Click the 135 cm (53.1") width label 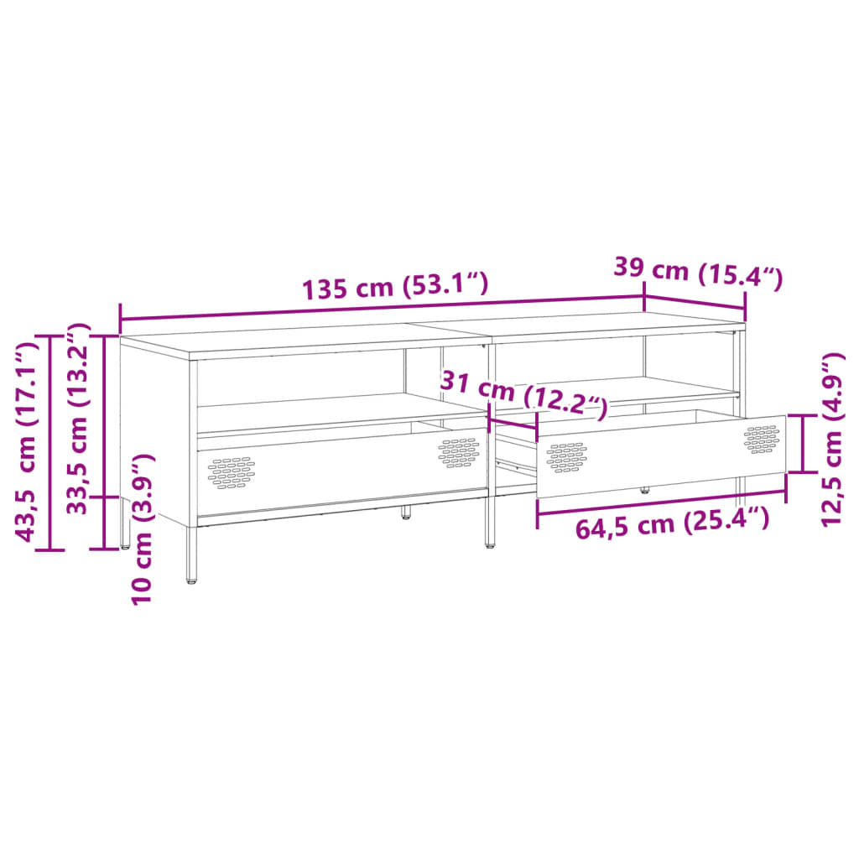point(394,287)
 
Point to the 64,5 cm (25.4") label point(671,525)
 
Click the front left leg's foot point(192,579)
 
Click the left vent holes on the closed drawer point(232,472)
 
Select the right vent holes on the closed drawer point(458,452)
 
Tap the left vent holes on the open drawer point(566,457)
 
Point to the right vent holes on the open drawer point(762,439)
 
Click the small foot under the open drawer point(645,489)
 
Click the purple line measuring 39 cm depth point(695,300)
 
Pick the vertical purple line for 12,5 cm point(804,443)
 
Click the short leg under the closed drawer point(406,512)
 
